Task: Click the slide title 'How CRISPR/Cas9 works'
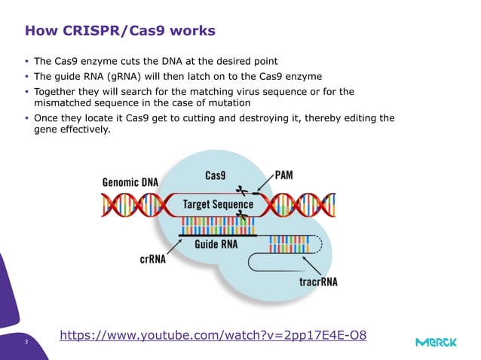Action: [120, 31]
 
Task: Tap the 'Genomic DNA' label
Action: [130, 182]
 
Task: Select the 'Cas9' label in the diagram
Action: [217, 175]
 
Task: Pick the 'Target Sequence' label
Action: [219, 204]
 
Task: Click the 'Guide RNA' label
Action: [217, 244]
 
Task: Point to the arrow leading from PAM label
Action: [266, 185]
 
